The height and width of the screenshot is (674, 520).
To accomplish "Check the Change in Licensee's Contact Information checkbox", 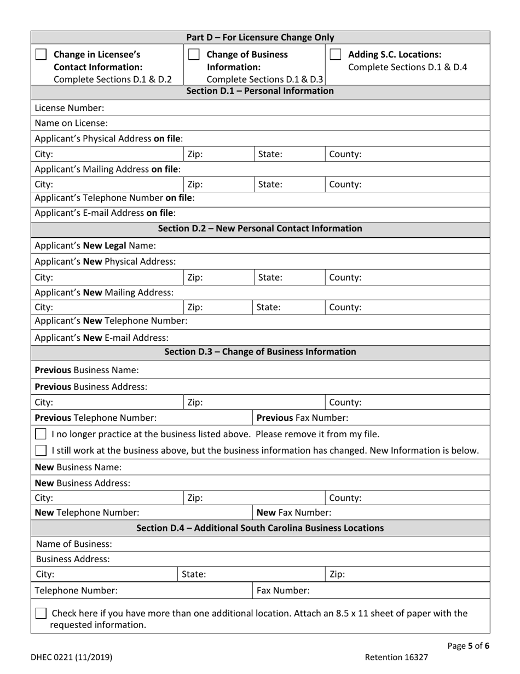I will tap(41, 55).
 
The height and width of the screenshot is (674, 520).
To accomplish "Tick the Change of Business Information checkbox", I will tap(193, 55).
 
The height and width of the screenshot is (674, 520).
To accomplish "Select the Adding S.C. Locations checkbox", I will tap(337, 55).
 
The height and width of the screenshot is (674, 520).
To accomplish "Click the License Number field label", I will tap(61, 108).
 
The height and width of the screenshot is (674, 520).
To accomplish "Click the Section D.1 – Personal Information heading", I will tap(260, 91).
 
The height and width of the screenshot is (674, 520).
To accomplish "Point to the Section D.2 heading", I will tap(260, 228).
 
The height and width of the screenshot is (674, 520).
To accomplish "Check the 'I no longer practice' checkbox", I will tap(41, 435).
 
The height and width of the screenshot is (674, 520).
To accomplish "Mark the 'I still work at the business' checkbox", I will tap(41, 450).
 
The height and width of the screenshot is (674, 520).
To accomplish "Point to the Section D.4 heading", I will tap(260, 528).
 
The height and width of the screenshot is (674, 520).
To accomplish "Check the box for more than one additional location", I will tap(41, 614).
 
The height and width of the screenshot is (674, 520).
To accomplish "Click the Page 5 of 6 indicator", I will tap(468, 646).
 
